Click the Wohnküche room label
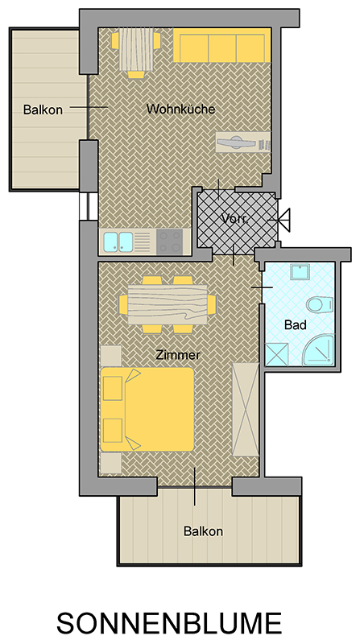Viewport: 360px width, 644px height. coord(181,109)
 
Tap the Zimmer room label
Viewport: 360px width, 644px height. coord(178,355)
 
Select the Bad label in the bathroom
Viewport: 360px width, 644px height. coord(296,325)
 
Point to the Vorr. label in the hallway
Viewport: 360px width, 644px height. coord(235,218)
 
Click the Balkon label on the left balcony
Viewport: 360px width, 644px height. coord(43,110)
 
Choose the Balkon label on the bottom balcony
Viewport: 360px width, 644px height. coord(203,531)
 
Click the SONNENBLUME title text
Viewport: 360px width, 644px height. coord(169,622)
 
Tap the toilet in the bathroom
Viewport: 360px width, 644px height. coord(318,304)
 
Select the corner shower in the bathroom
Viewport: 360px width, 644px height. coord(317,350)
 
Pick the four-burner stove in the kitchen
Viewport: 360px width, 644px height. coord(170,241)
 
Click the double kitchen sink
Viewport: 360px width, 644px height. coord(118,241)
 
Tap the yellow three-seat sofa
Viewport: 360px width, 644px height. coord(221,45)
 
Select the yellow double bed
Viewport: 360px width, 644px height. coord(147,410)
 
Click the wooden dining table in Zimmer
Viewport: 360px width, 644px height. coord(168,305)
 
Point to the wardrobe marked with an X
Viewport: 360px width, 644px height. coord(246,410)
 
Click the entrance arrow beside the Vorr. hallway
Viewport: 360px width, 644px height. coord(282,220)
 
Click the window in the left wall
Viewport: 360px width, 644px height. coord(89,206)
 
